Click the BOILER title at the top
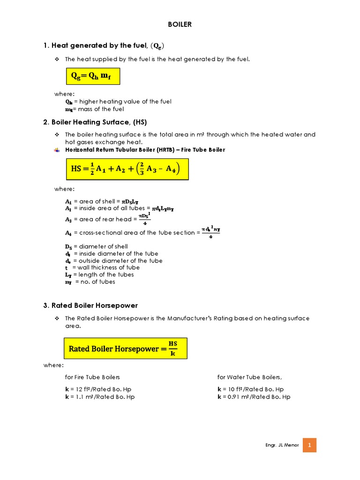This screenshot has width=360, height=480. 180,24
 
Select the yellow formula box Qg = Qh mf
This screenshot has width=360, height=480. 92,76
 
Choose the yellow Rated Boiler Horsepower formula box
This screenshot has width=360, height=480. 126,348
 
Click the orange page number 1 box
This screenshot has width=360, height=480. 309,444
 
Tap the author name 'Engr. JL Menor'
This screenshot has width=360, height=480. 281,445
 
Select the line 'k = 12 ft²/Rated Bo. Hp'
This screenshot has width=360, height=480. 100,389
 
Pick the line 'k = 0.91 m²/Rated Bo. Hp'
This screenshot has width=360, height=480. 254,397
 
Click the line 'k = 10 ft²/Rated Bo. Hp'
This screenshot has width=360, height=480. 250,389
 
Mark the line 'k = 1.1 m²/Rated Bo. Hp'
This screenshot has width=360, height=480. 100,397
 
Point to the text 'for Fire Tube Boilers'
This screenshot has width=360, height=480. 92,377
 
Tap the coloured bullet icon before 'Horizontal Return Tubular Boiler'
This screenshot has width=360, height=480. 57,150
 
